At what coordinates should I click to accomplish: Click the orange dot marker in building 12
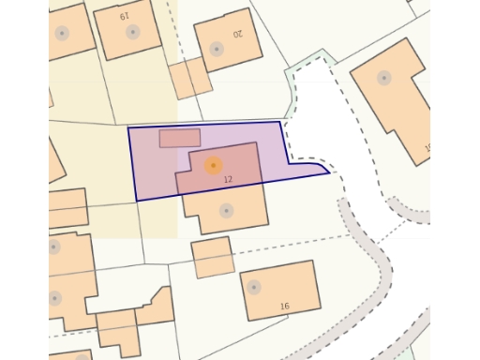pos(213,166)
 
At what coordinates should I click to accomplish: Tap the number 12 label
pos(229,178)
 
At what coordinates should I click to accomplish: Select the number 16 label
pos(284,307)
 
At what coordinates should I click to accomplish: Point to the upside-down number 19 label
pos(124,16)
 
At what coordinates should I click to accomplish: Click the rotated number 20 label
pos(237,34)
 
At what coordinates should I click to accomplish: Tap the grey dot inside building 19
pos(132,32)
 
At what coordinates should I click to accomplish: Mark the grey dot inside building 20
pos(217,49)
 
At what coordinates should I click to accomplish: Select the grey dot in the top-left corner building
pos(62,33)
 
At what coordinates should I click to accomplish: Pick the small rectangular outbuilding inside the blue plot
pos(179,138)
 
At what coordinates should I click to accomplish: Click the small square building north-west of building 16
pos(213,257)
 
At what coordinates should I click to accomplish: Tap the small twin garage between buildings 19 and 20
pos(190,79)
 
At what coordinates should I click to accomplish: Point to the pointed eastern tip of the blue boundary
pos(329,172)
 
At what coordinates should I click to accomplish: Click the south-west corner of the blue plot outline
pos(137,201)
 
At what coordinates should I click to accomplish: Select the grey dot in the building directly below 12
pos(226,211)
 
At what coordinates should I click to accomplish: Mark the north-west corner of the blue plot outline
pos(128,126)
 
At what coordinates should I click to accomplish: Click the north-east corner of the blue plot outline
pos(279,122)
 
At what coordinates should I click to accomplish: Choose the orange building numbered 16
pos(279,293)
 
